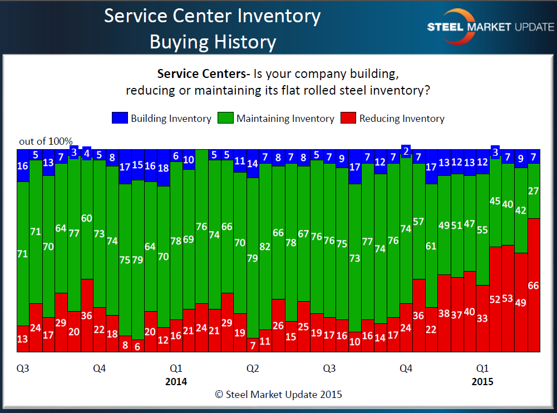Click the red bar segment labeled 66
click(534, 285)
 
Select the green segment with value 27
click(534, 191)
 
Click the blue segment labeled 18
click(164, 168)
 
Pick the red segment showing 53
click(507, 298)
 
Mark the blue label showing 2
click(406, 151)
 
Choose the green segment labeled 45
click(495, 202)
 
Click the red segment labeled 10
click(354, 342)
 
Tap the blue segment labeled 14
click(253, 164)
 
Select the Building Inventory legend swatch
click(120, 118)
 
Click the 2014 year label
click(176, 382)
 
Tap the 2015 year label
click(482, 382)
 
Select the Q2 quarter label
click(253, 368)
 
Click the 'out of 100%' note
click(46, 141)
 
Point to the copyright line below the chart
click(278, 395)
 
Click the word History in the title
click(241, 42)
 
